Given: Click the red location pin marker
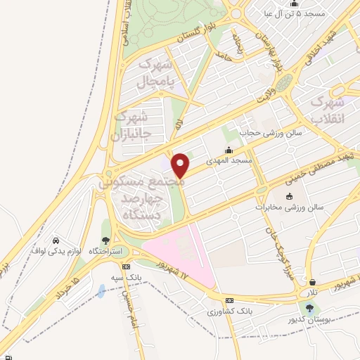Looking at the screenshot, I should [x=181, y=165].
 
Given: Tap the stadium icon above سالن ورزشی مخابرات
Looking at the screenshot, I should [x=289, y=196].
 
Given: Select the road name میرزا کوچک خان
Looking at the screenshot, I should [x=278, y=253].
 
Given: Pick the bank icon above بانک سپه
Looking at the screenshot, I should [x=126, y=266].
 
